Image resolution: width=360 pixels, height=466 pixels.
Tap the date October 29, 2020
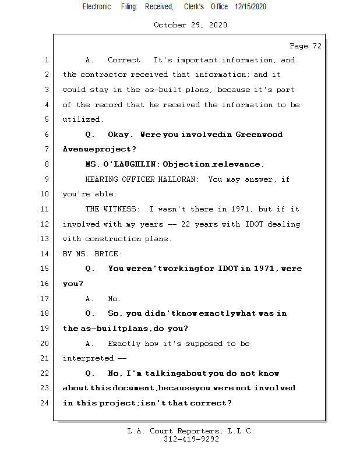click(x=190, y=25)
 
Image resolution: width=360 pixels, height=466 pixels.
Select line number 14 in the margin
click(x=46, y=254)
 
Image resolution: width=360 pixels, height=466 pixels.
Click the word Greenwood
click(x=259, y=135)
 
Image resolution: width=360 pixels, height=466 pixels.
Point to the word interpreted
click(x=87, y=358)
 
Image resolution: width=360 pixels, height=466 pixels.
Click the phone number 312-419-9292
click(x=191, y=440)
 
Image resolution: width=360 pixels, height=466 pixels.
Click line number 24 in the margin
click(x=46, y=403)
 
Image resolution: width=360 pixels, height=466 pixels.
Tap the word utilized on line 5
click(x=83, y=119)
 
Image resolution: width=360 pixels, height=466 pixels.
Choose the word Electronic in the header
click(x=97, y=6)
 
